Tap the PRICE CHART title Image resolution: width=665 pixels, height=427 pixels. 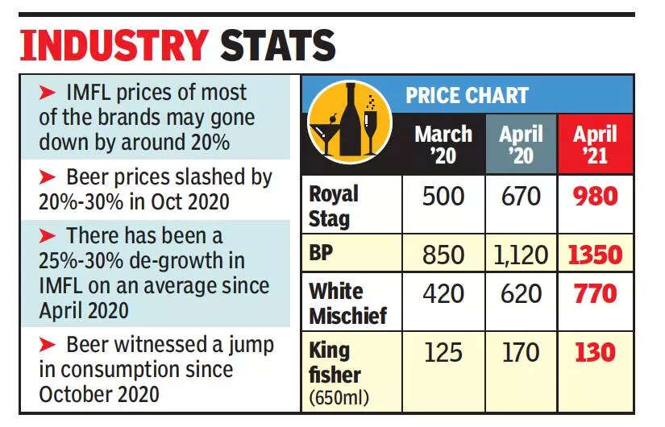click(467, 96)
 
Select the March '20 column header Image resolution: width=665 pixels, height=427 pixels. click(443, 144)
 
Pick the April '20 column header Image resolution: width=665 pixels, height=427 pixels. click(521, 144)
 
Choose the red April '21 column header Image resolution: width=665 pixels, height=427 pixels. click(595, 144)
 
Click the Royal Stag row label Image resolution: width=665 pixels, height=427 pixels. click(335, 205)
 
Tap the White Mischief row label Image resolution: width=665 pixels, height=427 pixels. click(347, 302)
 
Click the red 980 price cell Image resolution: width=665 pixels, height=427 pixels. click(594, 197)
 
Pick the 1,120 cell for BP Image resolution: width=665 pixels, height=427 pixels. click(521, 255)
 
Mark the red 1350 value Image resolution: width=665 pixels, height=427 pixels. click(594, 255)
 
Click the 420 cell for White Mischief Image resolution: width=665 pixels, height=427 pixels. click(443, 293)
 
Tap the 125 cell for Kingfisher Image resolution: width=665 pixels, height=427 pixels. click(443, 352)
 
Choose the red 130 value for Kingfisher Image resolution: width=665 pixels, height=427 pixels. click(594, 352)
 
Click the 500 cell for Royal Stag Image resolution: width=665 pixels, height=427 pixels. click(443, 197)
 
